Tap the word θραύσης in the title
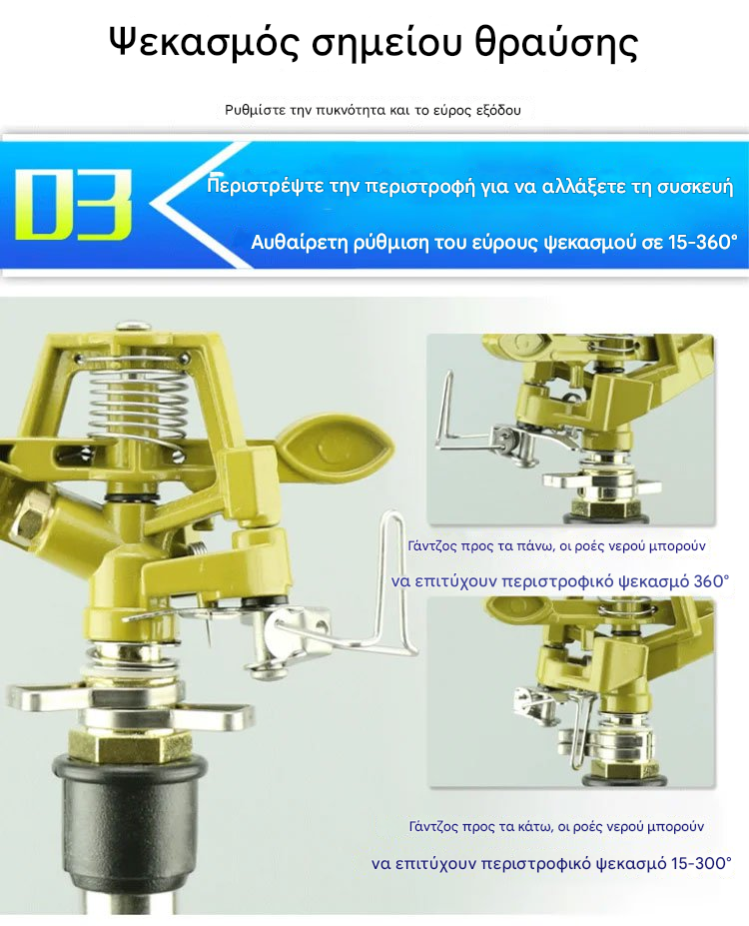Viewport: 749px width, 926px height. point(556,43)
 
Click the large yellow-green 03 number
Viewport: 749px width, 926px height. point(73,205)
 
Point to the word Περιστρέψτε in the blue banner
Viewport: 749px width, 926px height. point(266,187)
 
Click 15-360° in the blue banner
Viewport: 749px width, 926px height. point(703,242)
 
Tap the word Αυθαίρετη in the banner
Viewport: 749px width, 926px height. point(300,243)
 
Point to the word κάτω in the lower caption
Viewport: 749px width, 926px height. point(537,826)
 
